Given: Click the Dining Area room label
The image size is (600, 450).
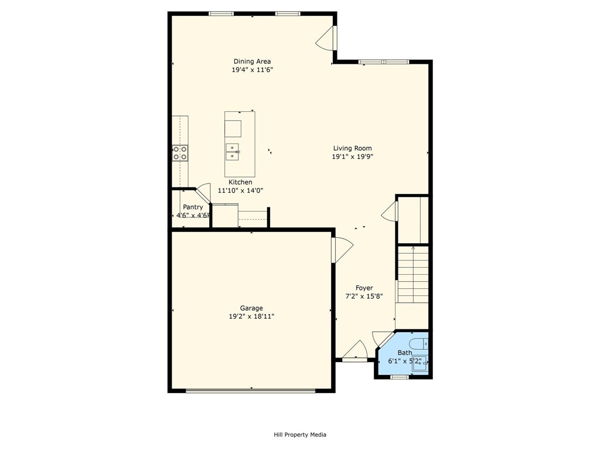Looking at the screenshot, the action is coord(252,61).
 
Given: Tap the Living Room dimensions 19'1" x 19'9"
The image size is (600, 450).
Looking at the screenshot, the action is coord(352,156).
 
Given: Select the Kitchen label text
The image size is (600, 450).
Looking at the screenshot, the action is coord(240,182).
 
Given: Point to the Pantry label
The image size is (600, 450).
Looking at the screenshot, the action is coord(193,207).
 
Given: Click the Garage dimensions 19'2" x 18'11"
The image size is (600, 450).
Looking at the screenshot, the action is coord(251,316).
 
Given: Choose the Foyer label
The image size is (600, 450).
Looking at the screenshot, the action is coord(364,288).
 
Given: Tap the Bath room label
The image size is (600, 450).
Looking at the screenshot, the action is coord(405,352).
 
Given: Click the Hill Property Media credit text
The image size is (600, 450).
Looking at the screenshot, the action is coord(300,434).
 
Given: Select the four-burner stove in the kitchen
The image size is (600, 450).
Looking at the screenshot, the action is coord(180,153).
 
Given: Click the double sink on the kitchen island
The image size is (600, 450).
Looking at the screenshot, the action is coord(232,152).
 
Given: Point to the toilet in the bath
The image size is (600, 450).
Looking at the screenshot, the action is coord(419,343).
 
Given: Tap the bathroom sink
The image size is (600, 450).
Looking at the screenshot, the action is coord(420,363).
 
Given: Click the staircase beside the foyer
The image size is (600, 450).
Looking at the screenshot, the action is coord(413,274).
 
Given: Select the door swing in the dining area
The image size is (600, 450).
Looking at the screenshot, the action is coord(326,37).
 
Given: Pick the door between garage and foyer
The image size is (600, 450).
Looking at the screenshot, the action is coord(342,250).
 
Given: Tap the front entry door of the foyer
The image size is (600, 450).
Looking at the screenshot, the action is coord(354,351).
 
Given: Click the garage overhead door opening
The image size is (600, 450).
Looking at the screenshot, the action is coord(251,391).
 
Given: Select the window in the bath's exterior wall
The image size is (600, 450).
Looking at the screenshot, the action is coord(400,377).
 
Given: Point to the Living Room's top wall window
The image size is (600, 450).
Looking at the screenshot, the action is coord(384,62).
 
